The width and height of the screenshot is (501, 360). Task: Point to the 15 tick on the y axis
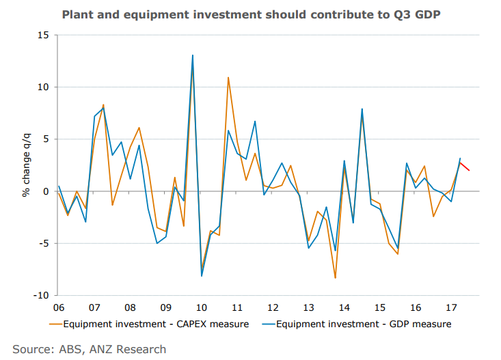(x=43, y=35)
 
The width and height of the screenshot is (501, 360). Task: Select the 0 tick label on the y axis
(x=46, y=191)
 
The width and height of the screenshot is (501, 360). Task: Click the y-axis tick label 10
(x=43, y=87)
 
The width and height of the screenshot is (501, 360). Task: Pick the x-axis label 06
(x=58, y=307)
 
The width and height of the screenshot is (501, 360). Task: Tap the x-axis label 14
(x=344, y=307)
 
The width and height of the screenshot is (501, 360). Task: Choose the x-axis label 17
(x=451, y=307)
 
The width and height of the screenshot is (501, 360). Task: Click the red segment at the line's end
(x=465, y=167)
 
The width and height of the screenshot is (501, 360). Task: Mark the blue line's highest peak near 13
(x=193, y=55)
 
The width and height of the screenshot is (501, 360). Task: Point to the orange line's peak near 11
(x=228, y=77)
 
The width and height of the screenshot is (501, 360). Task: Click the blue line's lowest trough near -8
(x=202, y=276)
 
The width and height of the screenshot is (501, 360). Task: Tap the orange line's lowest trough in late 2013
(x=335, y=278)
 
